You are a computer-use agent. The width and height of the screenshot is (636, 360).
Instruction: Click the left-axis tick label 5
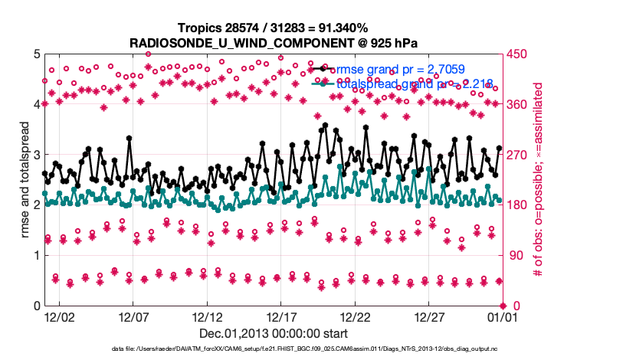click(36, 54)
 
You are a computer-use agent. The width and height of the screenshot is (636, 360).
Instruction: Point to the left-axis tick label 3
click(36, 155)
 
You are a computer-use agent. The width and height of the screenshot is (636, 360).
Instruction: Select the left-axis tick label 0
click(36, 306)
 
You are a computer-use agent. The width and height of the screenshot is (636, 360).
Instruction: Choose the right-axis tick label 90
click(511, 256)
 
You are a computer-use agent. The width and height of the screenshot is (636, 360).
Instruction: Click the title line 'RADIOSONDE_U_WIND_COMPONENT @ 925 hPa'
click(272, 41)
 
